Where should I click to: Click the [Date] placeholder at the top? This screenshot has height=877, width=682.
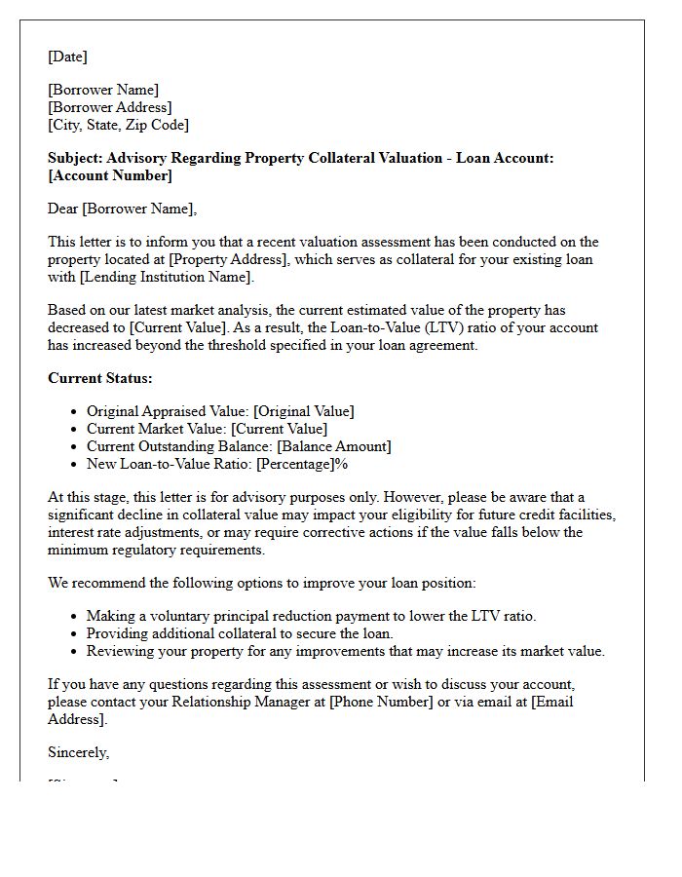(x=67, y=57)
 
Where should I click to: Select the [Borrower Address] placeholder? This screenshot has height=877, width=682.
(x=110, y=107)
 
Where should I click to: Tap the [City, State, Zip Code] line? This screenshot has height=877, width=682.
(x=118, y=125)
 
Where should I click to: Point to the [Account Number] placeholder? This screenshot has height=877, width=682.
(x=110, y=175)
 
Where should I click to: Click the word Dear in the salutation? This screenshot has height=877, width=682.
(x=64, y=209)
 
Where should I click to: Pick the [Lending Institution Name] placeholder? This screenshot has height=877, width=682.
(x=168, y=277)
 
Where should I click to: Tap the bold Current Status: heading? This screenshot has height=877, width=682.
(x=100, y=378)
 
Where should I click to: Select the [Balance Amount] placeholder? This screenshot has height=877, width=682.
(x=333, y=446)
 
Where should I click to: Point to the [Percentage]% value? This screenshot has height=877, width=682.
(x=302, y=464)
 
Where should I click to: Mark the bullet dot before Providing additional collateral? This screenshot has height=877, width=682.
(x=75, y=633)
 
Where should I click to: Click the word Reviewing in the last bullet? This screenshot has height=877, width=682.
(x=119, y=651)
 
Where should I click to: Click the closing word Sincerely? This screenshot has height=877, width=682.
(x=78, y=752)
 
